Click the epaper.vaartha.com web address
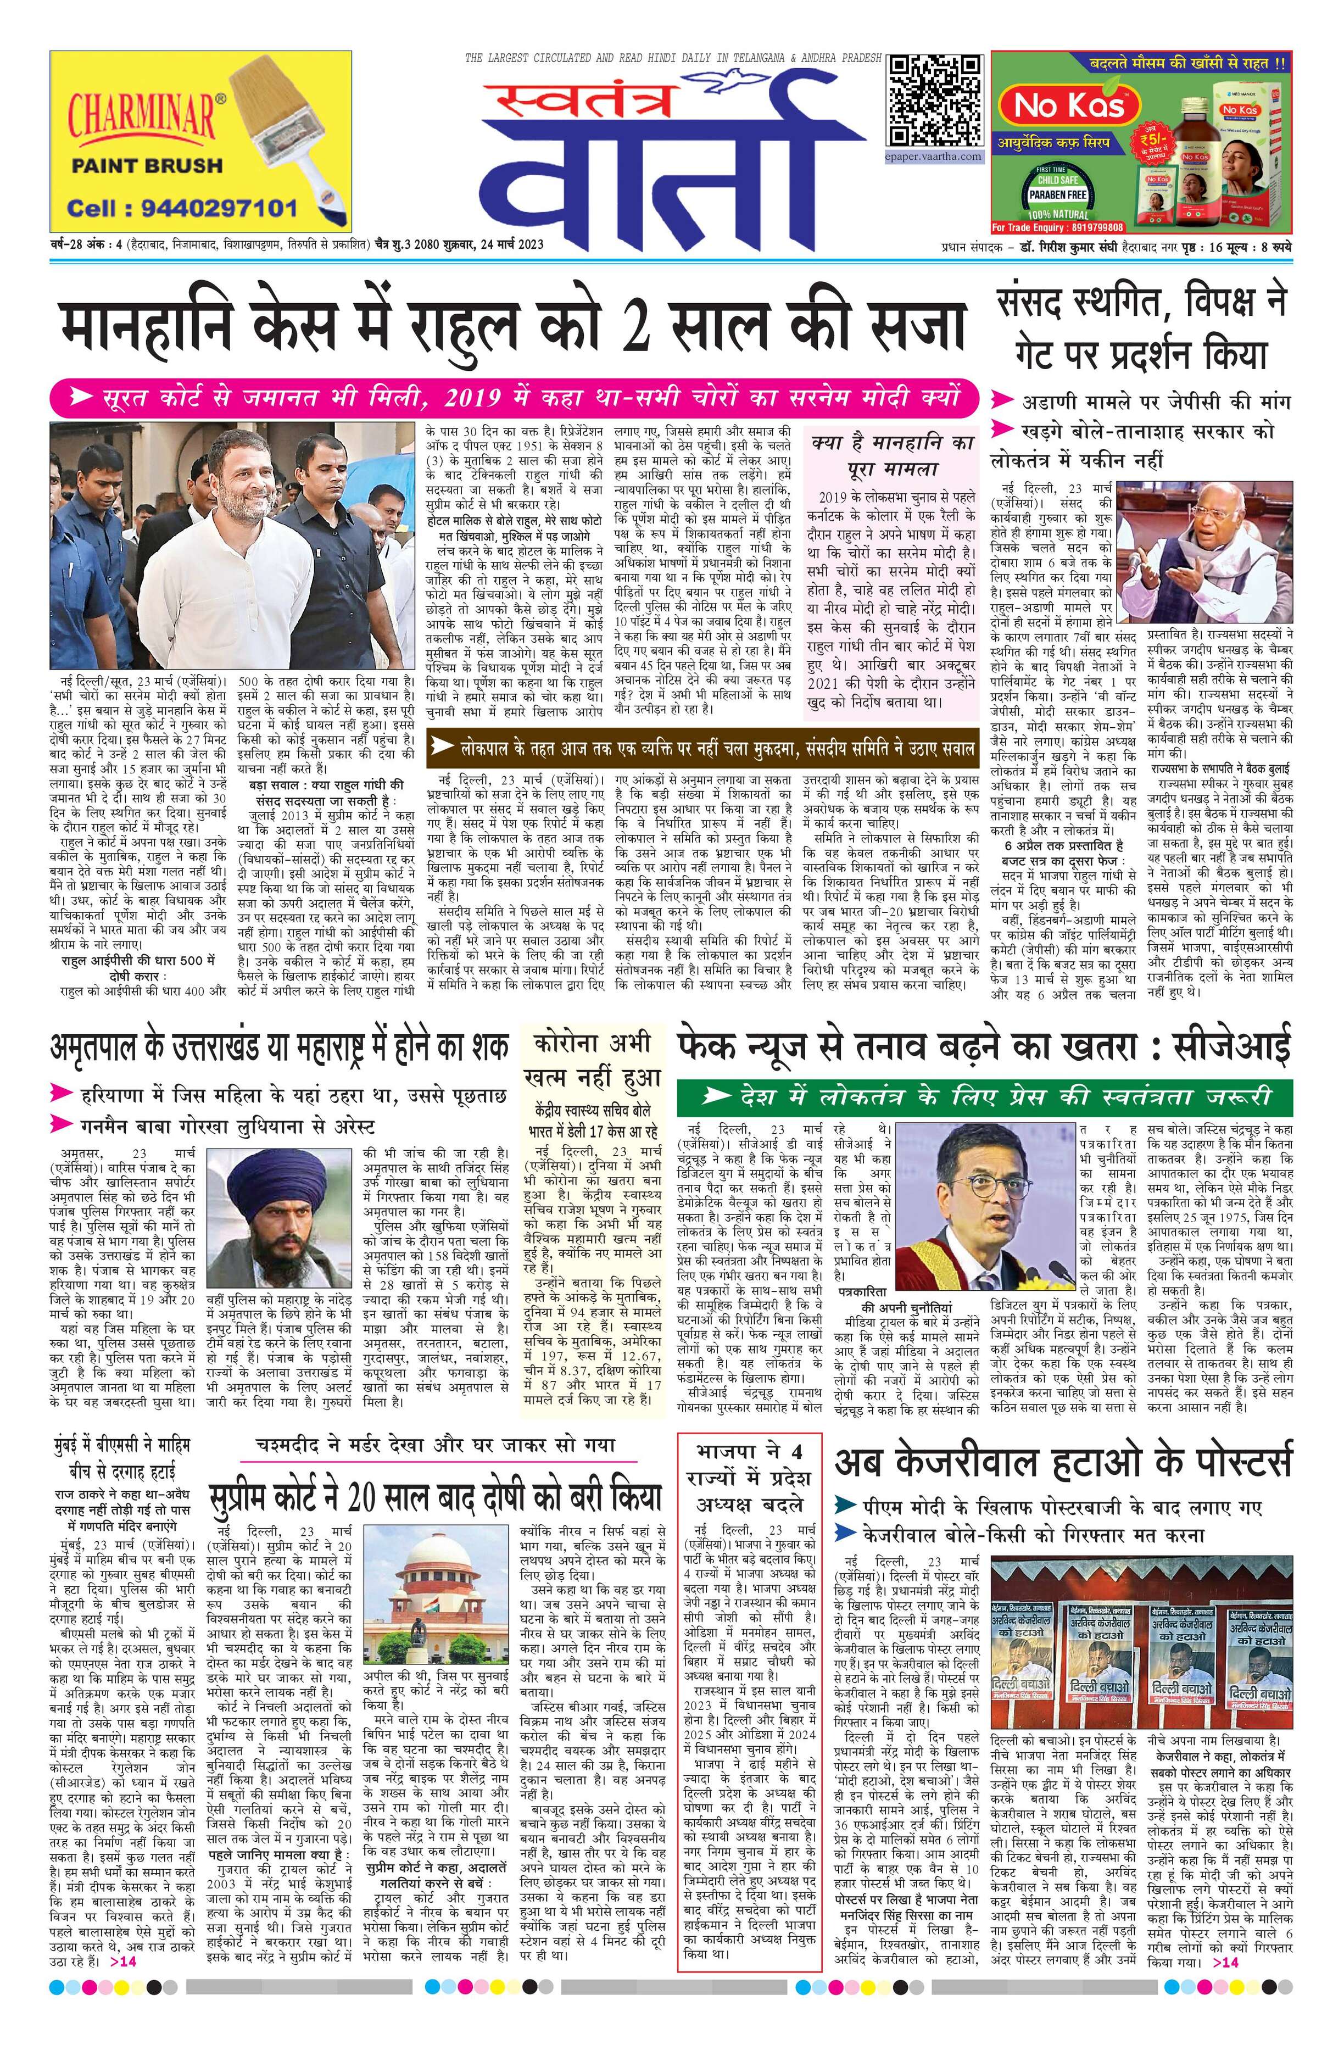coord(935,157)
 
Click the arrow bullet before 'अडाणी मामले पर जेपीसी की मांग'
coord(1001,402)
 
